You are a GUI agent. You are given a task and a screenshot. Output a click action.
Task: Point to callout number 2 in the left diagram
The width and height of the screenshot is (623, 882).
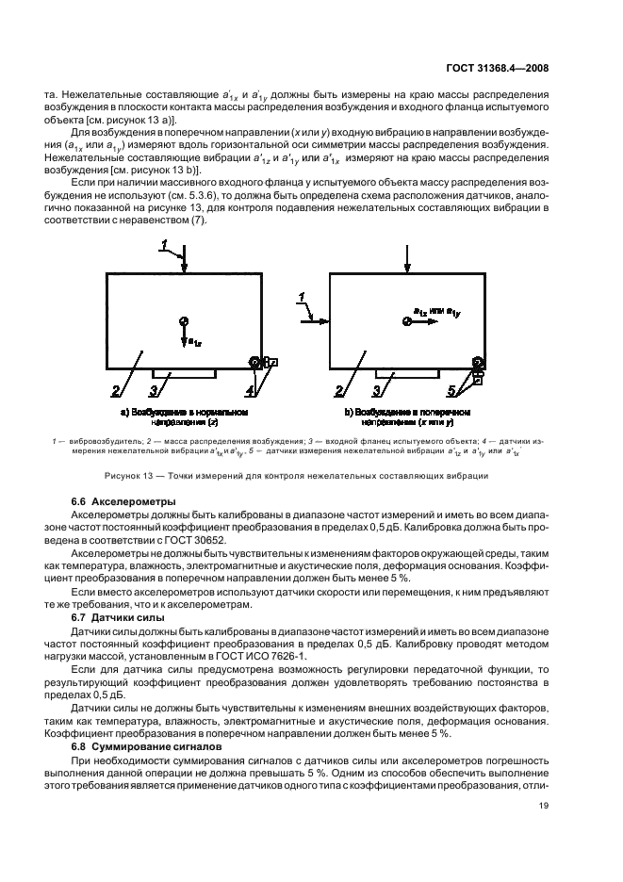115,388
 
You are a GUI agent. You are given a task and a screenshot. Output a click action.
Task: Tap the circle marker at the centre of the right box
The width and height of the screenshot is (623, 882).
406,321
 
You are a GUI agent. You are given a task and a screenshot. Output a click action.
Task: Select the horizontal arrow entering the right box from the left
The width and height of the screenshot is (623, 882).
315,321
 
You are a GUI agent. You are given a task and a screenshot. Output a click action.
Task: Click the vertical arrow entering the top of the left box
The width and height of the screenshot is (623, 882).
186,257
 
